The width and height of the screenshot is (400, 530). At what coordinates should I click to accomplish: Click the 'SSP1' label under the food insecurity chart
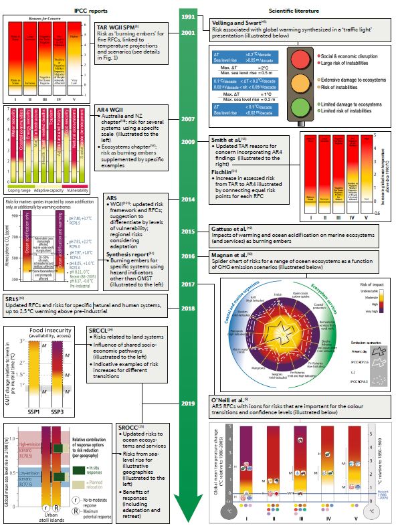pos(30,392)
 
